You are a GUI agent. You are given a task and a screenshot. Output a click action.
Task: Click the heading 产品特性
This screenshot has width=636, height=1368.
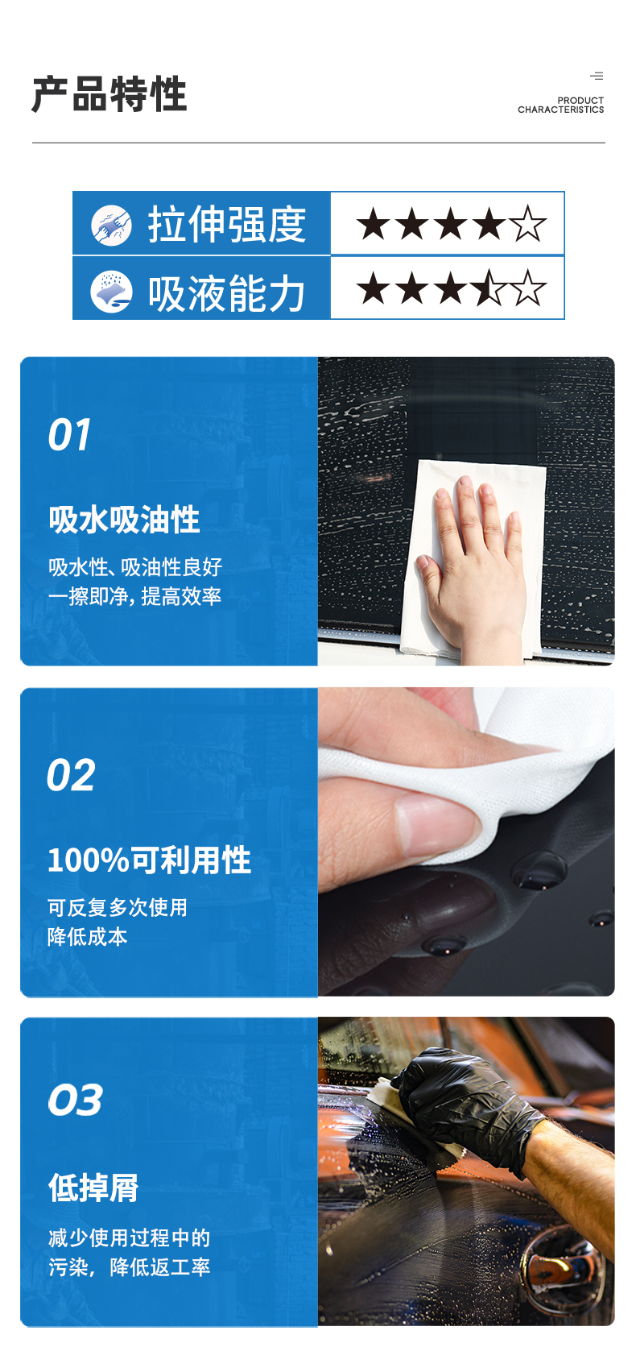coord(109,94)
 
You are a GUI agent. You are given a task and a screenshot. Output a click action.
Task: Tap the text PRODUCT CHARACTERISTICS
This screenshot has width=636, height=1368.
coord(560,105)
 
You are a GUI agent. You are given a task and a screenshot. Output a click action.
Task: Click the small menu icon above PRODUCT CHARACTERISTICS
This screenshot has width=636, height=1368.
coord(597,76)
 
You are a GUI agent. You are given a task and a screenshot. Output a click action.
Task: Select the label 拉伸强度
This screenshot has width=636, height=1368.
coord(226,224)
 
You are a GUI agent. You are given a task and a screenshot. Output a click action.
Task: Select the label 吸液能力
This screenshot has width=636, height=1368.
coord(226,292)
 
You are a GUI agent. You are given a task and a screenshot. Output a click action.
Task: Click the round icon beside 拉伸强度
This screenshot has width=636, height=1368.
coord(111,225)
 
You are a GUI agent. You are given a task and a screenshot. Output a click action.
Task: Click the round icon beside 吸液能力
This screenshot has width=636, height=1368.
coord(111,291)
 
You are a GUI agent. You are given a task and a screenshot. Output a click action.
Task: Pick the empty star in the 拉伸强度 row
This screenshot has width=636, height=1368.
coord(527,224)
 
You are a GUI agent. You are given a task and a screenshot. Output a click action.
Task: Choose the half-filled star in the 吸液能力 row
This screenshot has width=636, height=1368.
coord(489,288)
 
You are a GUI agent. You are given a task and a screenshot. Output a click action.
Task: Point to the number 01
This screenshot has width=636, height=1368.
coord(69,436)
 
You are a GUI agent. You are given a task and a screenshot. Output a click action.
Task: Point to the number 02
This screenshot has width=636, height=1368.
coord(71,776)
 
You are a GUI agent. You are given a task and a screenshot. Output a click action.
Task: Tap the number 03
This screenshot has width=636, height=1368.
coord(75,1100)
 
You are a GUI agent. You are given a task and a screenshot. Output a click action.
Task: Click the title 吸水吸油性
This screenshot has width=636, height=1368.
coord(124,520)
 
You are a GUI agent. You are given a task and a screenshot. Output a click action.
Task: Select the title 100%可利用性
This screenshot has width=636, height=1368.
coord(149,860)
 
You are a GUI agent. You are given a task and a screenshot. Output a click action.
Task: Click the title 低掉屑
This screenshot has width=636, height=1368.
coord(93,1188)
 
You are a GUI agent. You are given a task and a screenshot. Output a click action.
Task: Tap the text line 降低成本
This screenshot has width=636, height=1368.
coord(87,936)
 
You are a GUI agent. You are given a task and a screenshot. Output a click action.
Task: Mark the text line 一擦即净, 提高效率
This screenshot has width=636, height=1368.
coord(134,596)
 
